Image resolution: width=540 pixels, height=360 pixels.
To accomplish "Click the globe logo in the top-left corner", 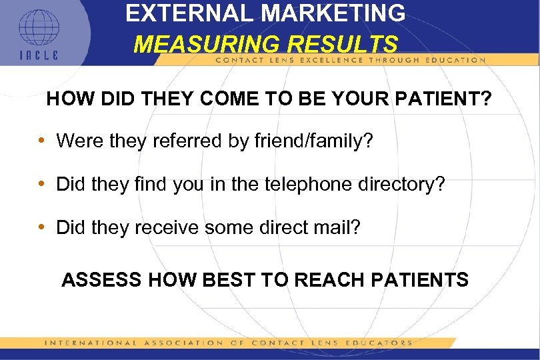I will (38, 29).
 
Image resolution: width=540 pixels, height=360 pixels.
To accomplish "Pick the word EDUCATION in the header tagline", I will (455, 60).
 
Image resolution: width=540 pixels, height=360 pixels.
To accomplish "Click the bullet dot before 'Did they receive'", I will (42, 227).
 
